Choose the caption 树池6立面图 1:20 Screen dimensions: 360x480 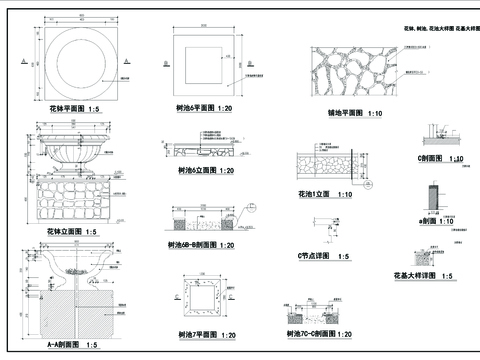click(204, 171)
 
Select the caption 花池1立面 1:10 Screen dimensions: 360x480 click(325, 193)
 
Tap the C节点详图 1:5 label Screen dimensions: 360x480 click(323, 256)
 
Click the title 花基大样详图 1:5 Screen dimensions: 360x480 click(422, 274)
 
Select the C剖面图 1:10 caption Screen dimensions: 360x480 click(439, 158)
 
